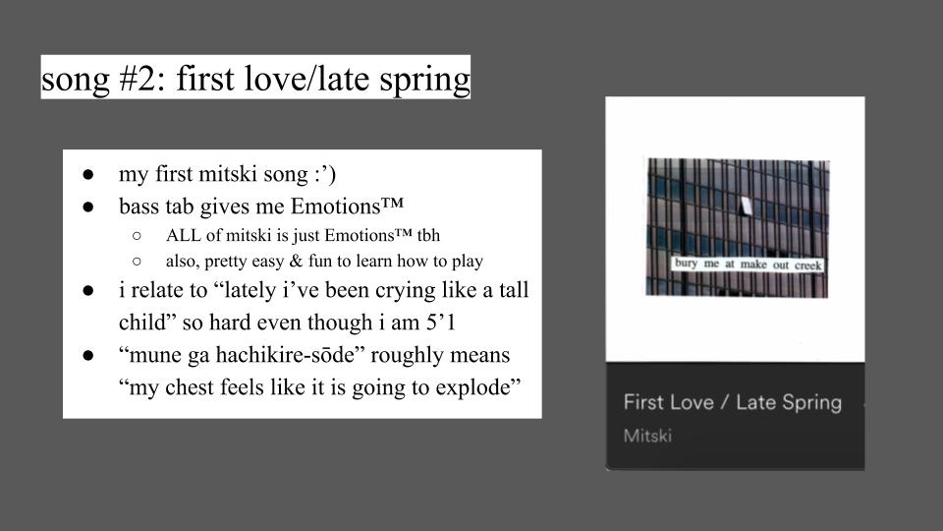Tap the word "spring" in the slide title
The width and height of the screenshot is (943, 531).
click(424, 81)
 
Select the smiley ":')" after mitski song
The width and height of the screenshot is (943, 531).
click(325, 175)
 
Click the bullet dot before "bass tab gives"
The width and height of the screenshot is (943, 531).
click(88, 207)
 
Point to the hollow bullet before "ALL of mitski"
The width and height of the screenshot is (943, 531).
click(137, 236)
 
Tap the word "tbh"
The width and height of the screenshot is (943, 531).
click(428, 235)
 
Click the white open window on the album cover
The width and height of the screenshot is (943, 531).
click(746, 206)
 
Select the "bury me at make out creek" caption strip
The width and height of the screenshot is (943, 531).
click(748, 264)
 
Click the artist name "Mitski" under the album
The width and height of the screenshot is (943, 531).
click(647, 436)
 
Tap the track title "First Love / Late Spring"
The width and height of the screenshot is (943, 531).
click(733, 402)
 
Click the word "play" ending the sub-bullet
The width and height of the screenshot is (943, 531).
click(468, 262)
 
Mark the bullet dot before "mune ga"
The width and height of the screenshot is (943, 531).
click(88, 356)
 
